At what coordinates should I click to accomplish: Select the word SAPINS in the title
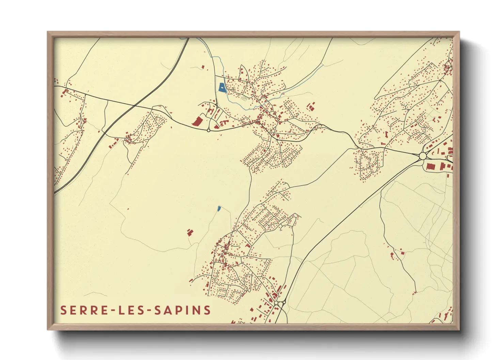pyautogui.click(x=183, y=310)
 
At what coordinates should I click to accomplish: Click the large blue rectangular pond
pyautogui.click(x=222, y=88)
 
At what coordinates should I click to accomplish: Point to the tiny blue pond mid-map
pyautogui.click(x=219, y=208)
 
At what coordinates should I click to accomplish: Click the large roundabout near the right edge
pyautogui.click(x=423, y=156)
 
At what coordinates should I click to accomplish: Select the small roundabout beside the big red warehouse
pyautogui.click(x=208, y=130)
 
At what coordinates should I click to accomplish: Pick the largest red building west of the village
pyautogui.click(x=197, y=121)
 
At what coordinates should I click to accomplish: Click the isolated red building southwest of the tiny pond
pyautogui.click(x=190, y=232)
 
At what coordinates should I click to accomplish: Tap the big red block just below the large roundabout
pyautogui.click(x=431, y=166)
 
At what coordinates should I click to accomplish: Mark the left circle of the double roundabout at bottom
pyautogui.click(x=276, y=302)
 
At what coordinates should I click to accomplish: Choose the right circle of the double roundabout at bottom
pyautogui.click(x=283, y=302)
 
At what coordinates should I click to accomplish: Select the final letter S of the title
pyautogui.click(x=207, y=310)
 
